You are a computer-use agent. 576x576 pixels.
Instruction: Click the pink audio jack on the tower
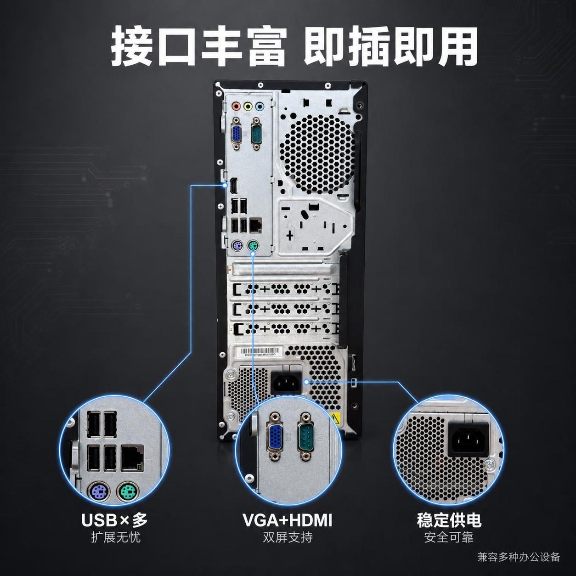pos(236,106)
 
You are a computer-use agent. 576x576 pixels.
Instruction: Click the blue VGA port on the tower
pos(237,134)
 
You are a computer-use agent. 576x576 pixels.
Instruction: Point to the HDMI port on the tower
pos(233,185)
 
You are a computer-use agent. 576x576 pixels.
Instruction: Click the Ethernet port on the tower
pos(255,226)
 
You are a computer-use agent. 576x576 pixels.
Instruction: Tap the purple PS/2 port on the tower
pos(237,247)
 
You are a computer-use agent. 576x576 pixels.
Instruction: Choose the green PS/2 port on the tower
pos(254,247)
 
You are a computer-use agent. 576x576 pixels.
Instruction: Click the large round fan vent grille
pos(317,154)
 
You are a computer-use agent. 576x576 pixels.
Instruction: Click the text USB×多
pos(114,520)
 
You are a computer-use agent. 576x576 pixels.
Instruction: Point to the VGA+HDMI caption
pos(287,520)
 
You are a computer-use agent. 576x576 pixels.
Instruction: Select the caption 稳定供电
pos(449,520)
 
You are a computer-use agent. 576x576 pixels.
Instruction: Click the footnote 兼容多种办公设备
pos(519,557)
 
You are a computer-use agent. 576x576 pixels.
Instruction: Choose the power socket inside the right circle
pos(468,438)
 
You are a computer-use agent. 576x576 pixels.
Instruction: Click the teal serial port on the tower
pos(256,134)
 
